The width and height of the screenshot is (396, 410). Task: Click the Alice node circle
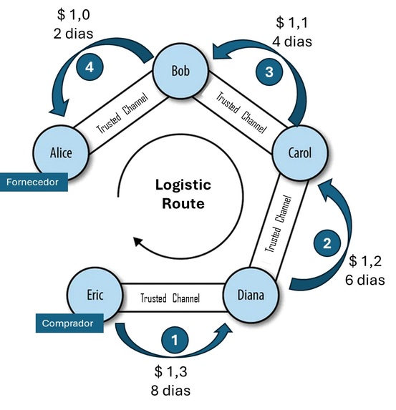(61, 152)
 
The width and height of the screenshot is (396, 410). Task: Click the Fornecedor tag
(34, 182)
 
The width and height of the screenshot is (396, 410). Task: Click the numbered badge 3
(270, 72)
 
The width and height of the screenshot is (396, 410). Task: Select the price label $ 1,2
(367, 262)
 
